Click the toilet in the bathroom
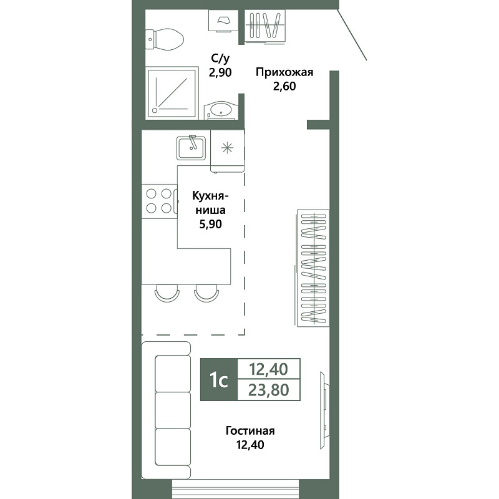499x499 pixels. click(x=165, y=39)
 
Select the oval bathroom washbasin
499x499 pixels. click(x=221, y=110)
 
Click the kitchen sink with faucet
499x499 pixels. click(x=191, y=148)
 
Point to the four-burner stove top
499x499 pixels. click(x=160, y=201)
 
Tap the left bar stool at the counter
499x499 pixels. click(x=167, y=292)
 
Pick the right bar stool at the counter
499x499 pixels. click(x=207, y=292)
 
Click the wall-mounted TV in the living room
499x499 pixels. click(x=324, y=410)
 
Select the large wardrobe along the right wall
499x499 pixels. click(x=312, y=268)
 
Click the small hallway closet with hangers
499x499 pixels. click(x=265, y=26)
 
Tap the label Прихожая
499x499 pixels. click(x=284, y=72)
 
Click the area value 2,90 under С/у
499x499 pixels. click(x=220, y=72)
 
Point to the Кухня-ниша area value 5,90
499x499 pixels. click(x=210, y=225)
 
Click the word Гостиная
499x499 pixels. click(x=250, y=431)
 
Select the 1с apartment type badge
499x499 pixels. click(x=219, y=379)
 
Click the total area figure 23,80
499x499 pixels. click(x=269, y=389)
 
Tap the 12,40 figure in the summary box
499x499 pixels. click(x=269, y=369)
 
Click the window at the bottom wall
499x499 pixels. click(x=236, y=489)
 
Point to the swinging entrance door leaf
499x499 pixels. click(x=352, y=34)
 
